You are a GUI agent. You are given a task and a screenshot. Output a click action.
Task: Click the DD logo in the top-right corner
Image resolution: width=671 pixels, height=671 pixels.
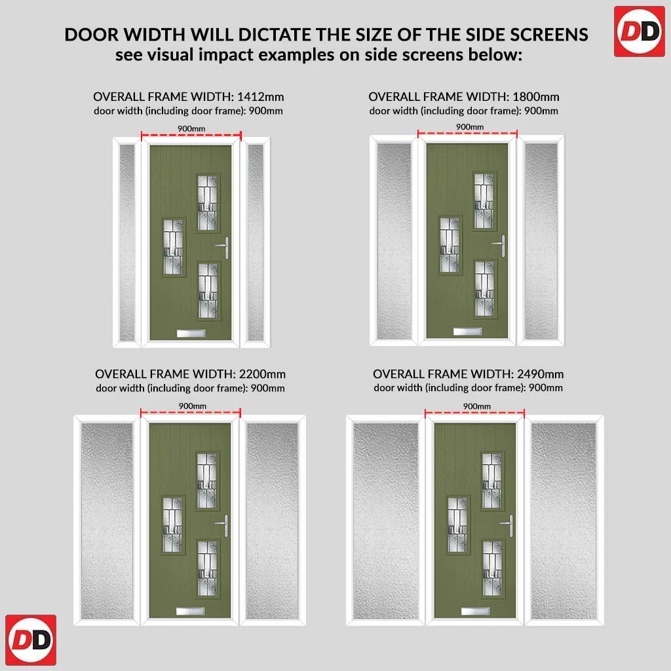coord(640,31)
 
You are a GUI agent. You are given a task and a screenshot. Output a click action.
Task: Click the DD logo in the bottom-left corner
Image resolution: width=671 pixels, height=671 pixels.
coord(31,640)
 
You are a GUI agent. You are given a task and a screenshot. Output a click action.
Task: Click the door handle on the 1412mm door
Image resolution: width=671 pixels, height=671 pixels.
coord(224,247)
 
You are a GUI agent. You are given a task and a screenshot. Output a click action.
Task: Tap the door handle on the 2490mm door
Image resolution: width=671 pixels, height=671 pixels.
coord(508,525)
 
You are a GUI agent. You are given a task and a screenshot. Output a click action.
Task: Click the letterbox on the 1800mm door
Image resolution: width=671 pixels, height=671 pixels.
coord(468,331)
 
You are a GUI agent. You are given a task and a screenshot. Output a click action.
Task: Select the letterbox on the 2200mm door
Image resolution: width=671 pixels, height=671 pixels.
coord(191,611)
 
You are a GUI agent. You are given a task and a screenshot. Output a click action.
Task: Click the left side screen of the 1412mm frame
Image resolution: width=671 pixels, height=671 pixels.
coord(127,242)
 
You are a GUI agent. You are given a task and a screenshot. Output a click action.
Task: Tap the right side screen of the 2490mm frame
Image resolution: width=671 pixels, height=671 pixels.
coord(563,521)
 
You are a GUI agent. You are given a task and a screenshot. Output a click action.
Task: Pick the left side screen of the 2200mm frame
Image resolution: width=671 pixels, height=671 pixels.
coord(107,521)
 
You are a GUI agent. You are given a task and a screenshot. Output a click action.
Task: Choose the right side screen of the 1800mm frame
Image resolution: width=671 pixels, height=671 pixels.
coord(541,241)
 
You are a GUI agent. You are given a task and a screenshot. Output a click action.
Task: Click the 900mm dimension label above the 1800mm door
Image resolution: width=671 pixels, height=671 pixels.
coord(470,126)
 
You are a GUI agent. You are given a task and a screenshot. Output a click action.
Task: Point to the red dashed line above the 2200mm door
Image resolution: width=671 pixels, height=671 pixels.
coord(191,413)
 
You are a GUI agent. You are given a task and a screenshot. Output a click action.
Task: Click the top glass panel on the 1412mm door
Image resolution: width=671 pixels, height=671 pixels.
coord(208,203)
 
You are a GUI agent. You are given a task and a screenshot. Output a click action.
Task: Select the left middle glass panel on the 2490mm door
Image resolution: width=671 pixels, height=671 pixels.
coord(457,525)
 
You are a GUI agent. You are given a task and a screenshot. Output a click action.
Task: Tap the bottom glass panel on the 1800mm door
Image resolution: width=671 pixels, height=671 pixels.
coord(484,288)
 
